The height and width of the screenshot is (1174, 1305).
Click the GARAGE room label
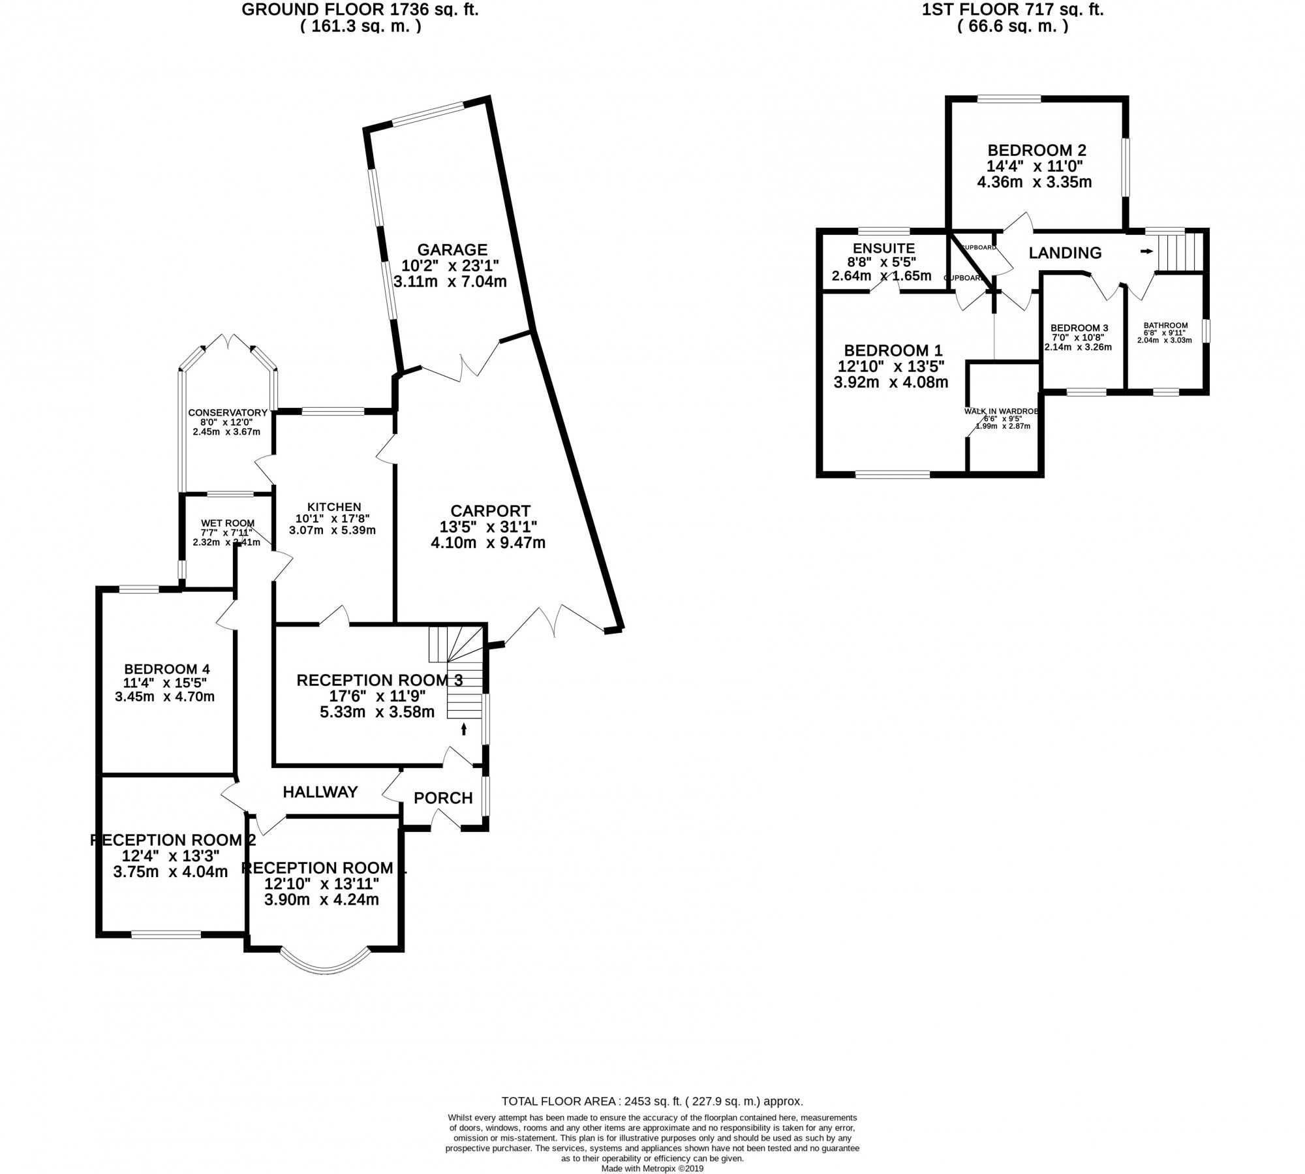[x=452, y=250]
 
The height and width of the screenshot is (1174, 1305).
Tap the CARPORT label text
[x=490, y=511]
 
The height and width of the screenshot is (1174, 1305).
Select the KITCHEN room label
[x=334, y=507]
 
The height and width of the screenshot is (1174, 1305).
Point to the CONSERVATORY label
[x=228, y=412]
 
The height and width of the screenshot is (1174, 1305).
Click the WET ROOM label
[x=227, y=523]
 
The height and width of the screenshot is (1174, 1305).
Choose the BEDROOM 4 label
[x=167, y=669]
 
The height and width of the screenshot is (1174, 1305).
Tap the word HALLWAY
[x=320, y=792]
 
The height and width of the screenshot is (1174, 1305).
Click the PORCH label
[x=443, y=797]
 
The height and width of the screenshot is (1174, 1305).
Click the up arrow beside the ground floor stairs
[x=464, y=728]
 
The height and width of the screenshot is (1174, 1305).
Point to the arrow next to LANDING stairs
[x=1146, y=251]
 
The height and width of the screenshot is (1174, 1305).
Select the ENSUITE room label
[x=884, y=248]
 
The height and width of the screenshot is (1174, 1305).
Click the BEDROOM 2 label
[x=1036, y=150]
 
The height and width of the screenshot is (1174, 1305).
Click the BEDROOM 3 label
[x=1079, y=328]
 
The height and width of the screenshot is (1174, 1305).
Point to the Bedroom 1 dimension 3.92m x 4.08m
[x=891, y=382]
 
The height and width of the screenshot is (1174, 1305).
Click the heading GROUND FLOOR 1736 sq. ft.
[x=360, y=10]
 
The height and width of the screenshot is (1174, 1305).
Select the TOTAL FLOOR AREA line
[x=652, y=1102]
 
